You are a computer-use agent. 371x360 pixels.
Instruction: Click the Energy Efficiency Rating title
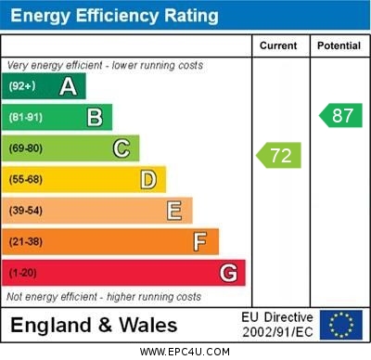point(114,16)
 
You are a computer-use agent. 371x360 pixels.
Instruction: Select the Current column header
point(278,45)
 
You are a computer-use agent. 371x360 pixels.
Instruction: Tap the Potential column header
point(338,45)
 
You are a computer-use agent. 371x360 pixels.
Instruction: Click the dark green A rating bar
point(46,86)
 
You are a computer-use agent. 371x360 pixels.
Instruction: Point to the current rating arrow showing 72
point(279,155)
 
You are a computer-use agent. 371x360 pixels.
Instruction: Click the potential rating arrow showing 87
point(340,115)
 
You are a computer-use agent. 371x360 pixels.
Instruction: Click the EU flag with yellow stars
point(340,325)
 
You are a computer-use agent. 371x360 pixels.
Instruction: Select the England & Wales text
point(94,326)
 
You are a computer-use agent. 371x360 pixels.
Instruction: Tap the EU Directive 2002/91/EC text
point(278,325)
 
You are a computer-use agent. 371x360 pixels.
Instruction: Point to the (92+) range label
point(21,86)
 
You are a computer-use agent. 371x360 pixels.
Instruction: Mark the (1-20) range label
point(22,273)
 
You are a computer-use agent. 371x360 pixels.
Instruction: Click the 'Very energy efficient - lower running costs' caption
point(104,66)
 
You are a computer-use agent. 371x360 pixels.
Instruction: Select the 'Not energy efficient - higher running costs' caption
point(104,297)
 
